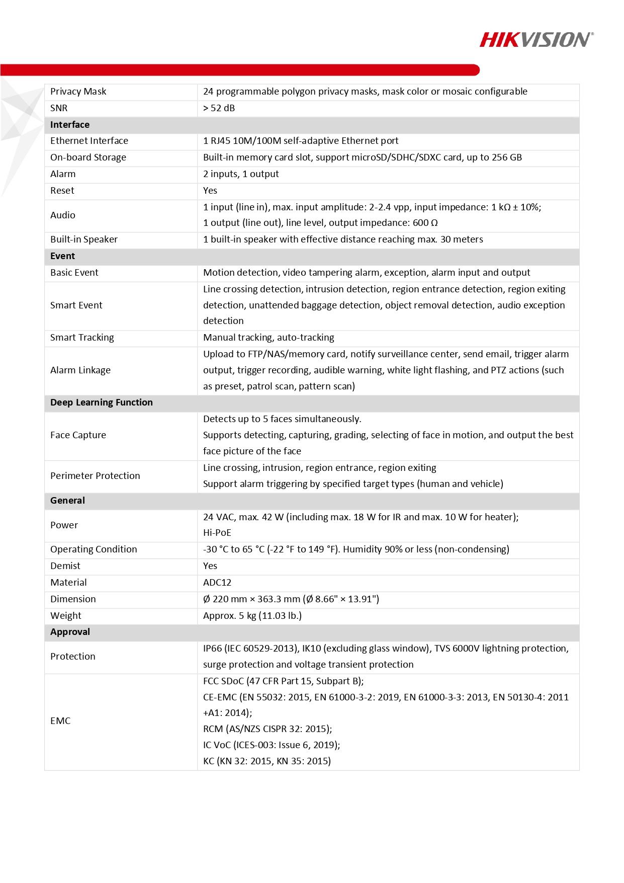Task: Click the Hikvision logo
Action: (536, 39)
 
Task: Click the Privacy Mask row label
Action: (78, 92)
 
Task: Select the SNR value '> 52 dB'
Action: (219, 108)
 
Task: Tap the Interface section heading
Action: (70, 125)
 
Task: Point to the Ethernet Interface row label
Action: (89, 141)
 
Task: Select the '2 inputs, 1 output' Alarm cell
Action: (241, 174)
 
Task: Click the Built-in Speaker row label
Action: (83, 239)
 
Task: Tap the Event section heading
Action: (62, 256)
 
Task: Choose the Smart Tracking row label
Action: (82, 338)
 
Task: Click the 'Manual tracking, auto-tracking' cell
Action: (269, 338)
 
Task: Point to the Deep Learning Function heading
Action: (101, 403)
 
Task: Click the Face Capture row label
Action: (78, 435)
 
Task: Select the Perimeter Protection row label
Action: (95, 476)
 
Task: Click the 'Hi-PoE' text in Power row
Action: (217, 533)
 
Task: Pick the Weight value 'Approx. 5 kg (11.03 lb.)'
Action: (252, 616)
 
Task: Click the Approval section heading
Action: (70, 632)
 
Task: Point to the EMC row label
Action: (60, 721)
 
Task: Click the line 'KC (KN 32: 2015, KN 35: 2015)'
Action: (267, 761)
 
